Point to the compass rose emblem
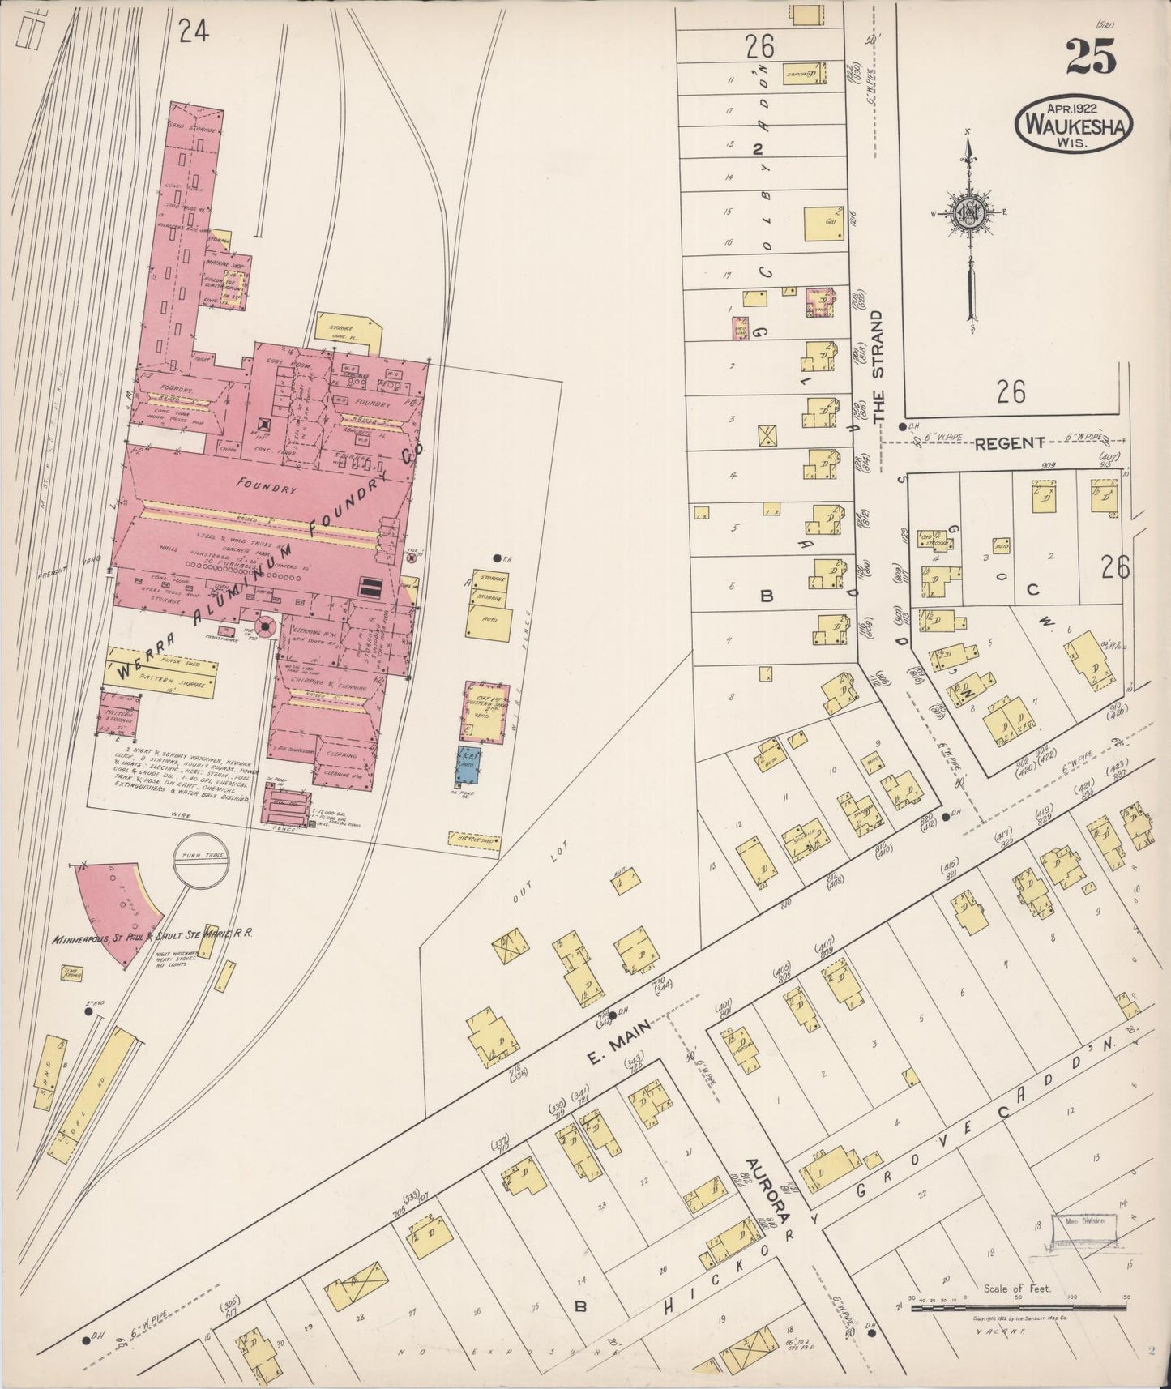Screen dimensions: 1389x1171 point(969,212)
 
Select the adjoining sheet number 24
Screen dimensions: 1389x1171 point(194,32)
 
